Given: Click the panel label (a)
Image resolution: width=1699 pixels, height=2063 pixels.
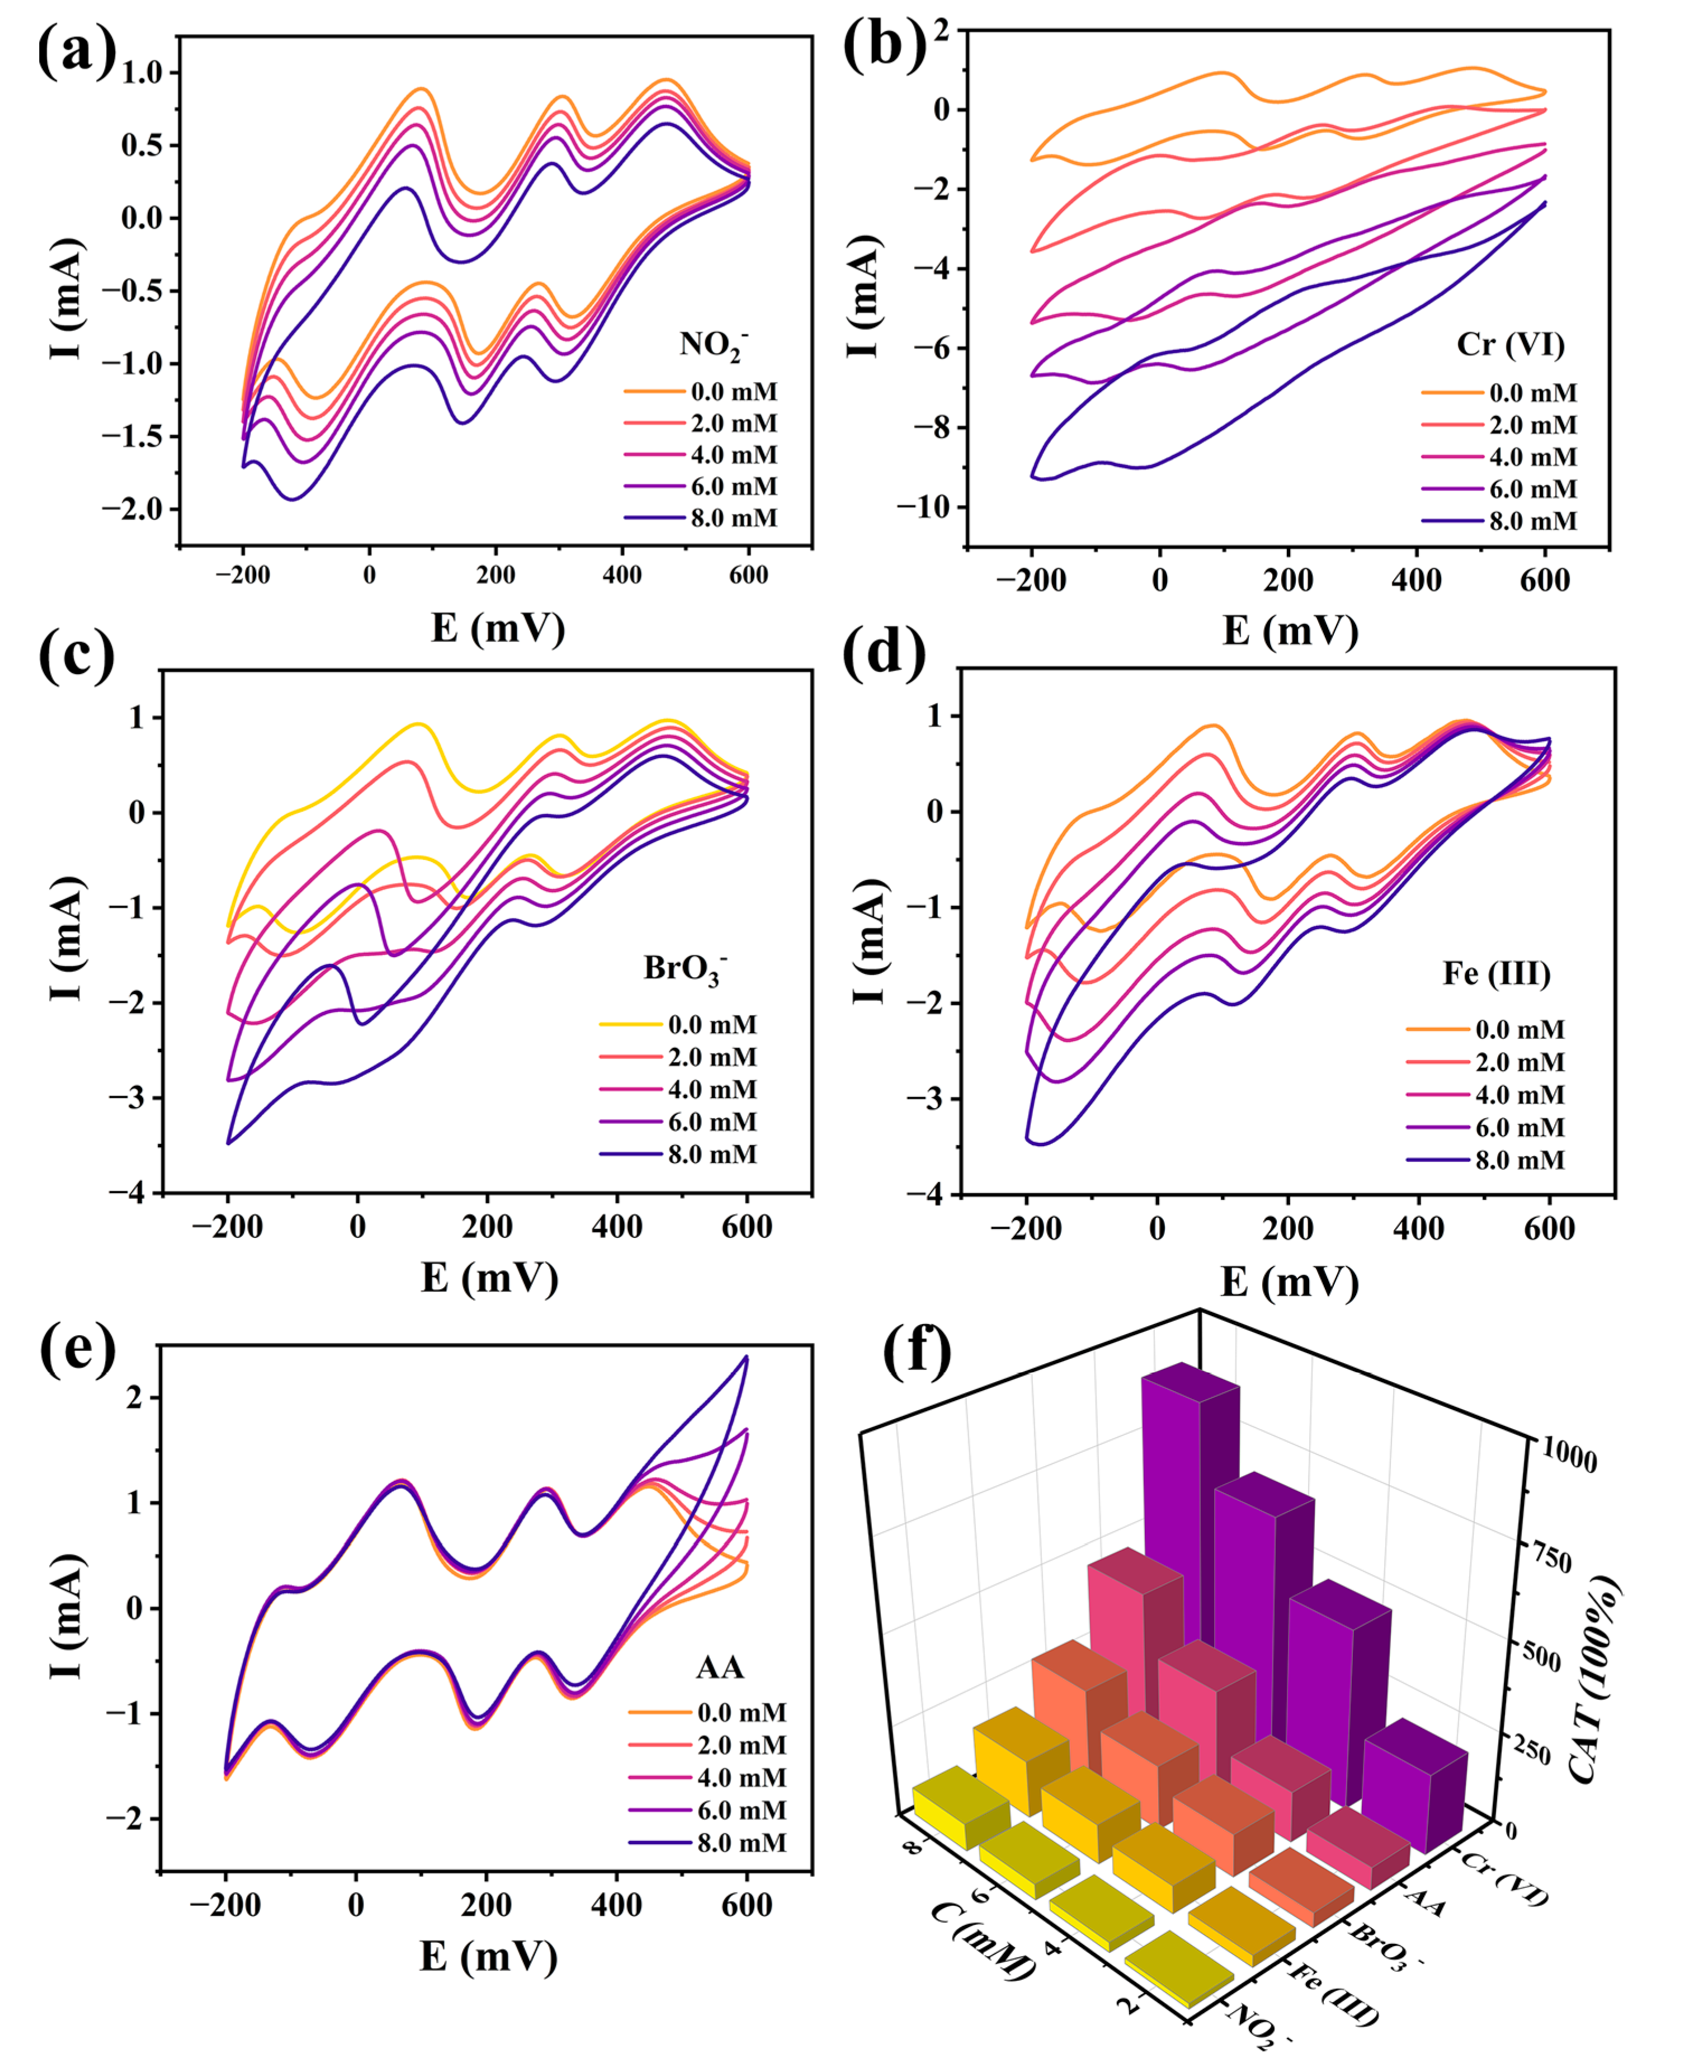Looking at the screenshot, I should point(76,51).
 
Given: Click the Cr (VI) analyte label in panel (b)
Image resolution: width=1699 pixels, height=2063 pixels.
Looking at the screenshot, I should point(1510,345).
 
